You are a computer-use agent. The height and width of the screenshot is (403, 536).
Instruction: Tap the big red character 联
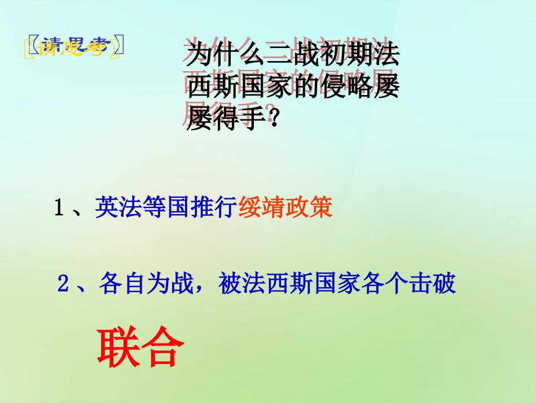point(117,346)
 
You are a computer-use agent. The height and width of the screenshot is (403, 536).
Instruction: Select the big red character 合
point(160,346)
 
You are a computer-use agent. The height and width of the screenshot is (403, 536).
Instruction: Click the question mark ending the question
point(274,119)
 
